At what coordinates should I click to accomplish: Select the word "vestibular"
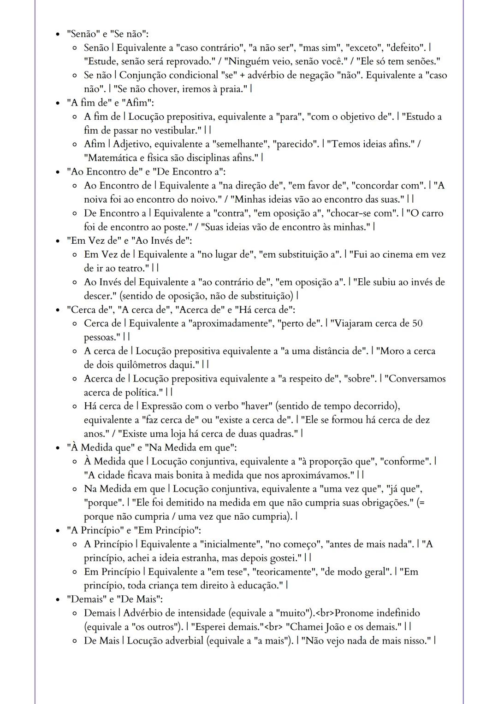(x=172, y=130)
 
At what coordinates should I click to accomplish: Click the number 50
(x=416, y=323)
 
